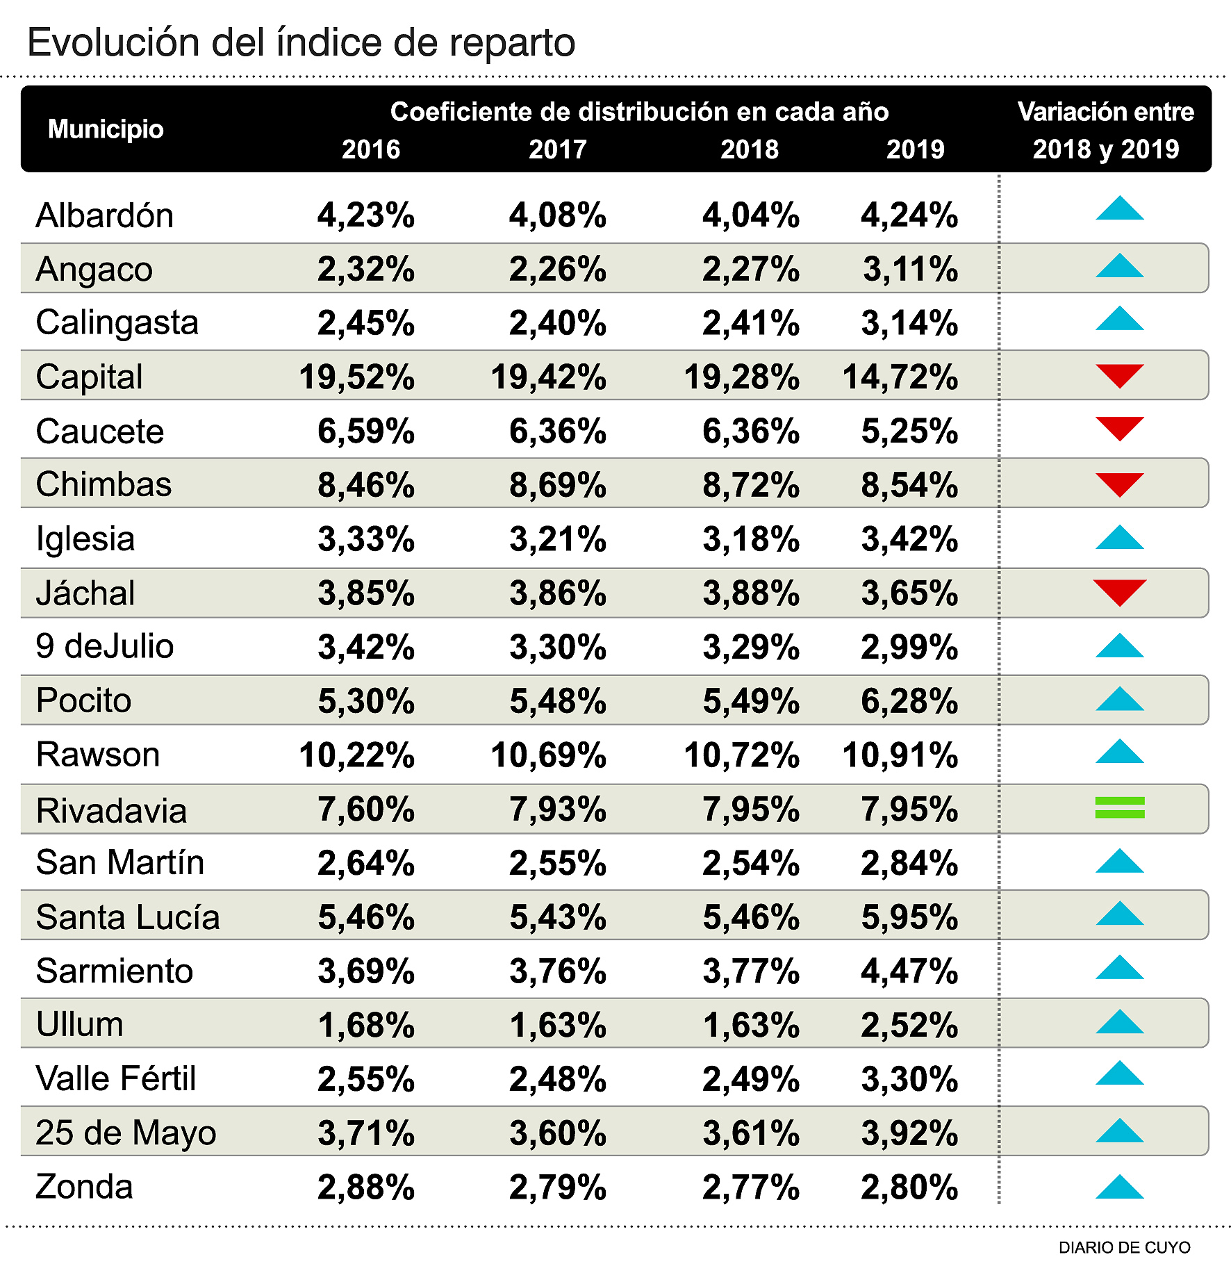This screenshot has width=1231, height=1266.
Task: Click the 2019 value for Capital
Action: click(x=900, y=377)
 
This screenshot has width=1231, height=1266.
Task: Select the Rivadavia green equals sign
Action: click(x=1119, y=807)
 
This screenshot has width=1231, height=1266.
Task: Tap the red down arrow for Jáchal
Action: click(x=1119, y=591)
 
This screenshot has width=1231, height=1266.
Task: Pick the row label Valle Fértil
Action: click(x=116, y=1078)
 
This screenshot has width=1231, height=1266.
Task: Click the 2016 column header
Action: click(x=371, y=149)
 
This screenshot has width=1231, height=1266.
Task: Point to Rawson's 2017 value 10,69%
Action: click(x=548, y=755)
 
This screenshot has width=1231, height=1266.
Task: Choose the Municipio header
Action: click(x=106, y=129)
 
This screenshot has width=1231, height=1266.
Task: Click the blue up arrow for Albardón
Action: click(x=1119, y=208)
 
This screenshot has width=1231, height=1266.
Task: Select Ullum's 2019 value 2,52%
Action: click(x=909, y=1025)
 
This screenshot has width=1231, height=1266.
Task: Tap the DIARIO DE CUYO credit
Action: click(x=1124, y=1247)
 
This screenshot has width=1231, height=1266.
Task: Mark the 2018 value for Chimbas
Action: click(x=750, y=485)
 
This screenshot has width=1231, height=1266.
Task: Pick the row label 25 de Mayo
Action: click(x=126, y=1133)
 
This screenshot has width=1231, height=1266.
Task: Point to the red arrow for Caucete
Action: click(x=1119, y=428)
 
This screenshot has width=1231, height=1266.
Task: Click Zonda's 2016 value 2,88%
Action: click(x=366, y=1187)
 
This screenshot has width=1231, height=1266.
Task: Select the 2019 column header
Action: click(x=915, y=149)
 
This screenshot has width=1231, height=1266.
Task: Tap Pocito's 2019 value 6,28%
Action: click(x=909, y=701)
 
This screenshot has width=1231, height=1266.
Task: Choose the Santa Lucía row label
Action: click(x=128, y=917)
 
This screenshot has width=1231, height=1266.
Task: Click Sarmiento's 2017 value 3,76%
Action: click(x=558, y=971)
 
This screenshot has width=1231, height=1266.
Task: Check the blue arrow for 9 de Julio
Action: click(x=1119, y=646)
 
